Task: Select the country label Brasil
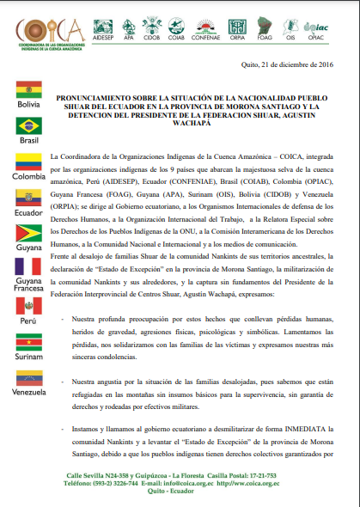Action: click(x=29, y=141)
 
